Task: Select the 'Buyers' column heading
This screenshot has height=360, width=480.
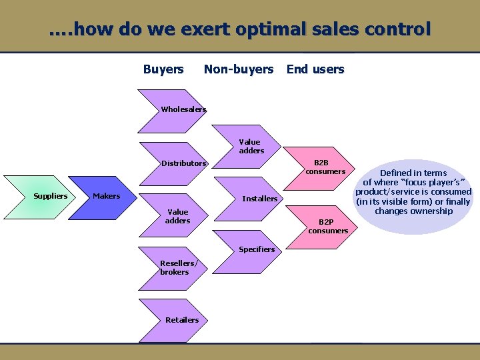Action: [163, 69]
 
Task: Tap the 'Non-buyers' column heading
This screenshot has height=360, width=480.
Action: [239, 69]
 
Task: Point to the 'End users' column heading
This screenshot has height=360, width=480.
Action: [315, 69]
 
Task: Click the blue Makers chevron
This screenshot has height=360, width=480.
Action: [107, 196]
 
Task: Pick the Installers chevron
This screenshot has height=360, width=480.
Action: [257, 199]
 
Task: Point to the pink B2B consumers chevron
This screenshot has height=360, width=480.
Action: [323, 167]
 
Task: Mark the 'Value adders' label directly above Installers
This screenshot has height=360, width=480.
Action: [251, 146]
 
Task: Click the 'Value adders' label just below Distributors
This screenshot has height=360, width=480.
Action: [177, 216]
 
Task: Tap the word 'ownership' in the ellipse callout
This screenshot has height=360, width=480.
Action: [433, 211]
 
